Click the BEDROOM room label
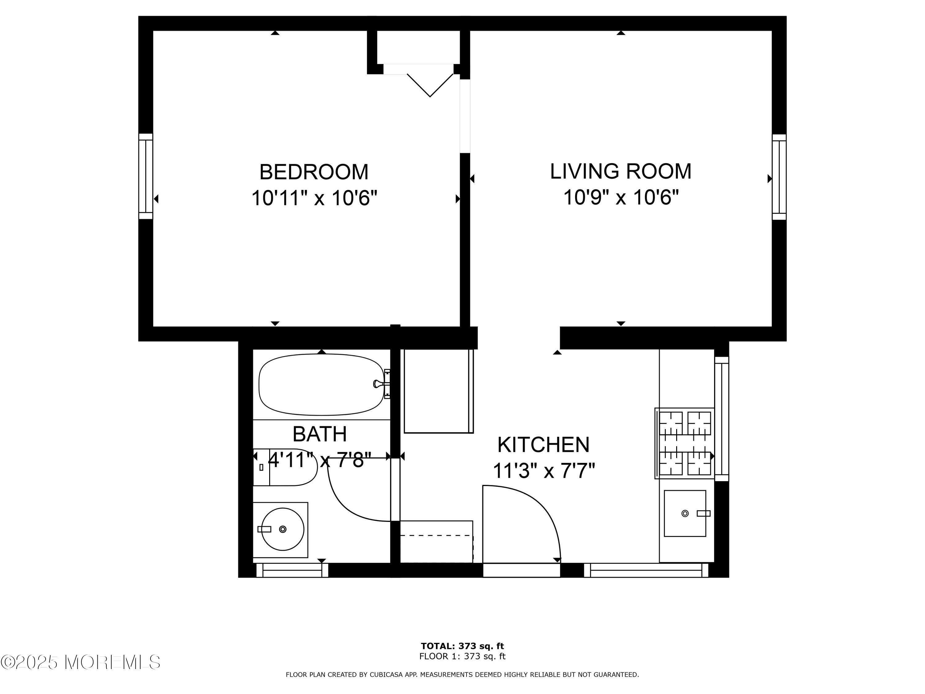(314, 172)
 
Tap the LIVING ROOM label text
(621, 171)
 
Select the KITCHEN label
(543, 445)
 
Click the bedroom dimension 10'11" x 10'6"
(314, 197)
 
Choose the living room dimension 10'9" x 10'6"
(621, 196)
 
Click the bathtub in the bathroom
(321, 384)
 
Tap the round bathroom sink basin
(283, 529)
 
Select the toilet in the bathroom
(285, 467)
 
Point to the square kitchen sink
(685, 513)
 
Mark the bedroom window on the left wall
(146, 176)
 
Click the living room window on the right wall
(779, 177)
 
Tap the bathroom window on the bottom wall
(292, 570)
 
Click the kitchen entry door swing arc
(540, 504)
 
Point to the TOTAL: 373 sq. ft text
(462, 646)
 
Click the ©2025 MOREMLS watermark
(80, 662)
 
